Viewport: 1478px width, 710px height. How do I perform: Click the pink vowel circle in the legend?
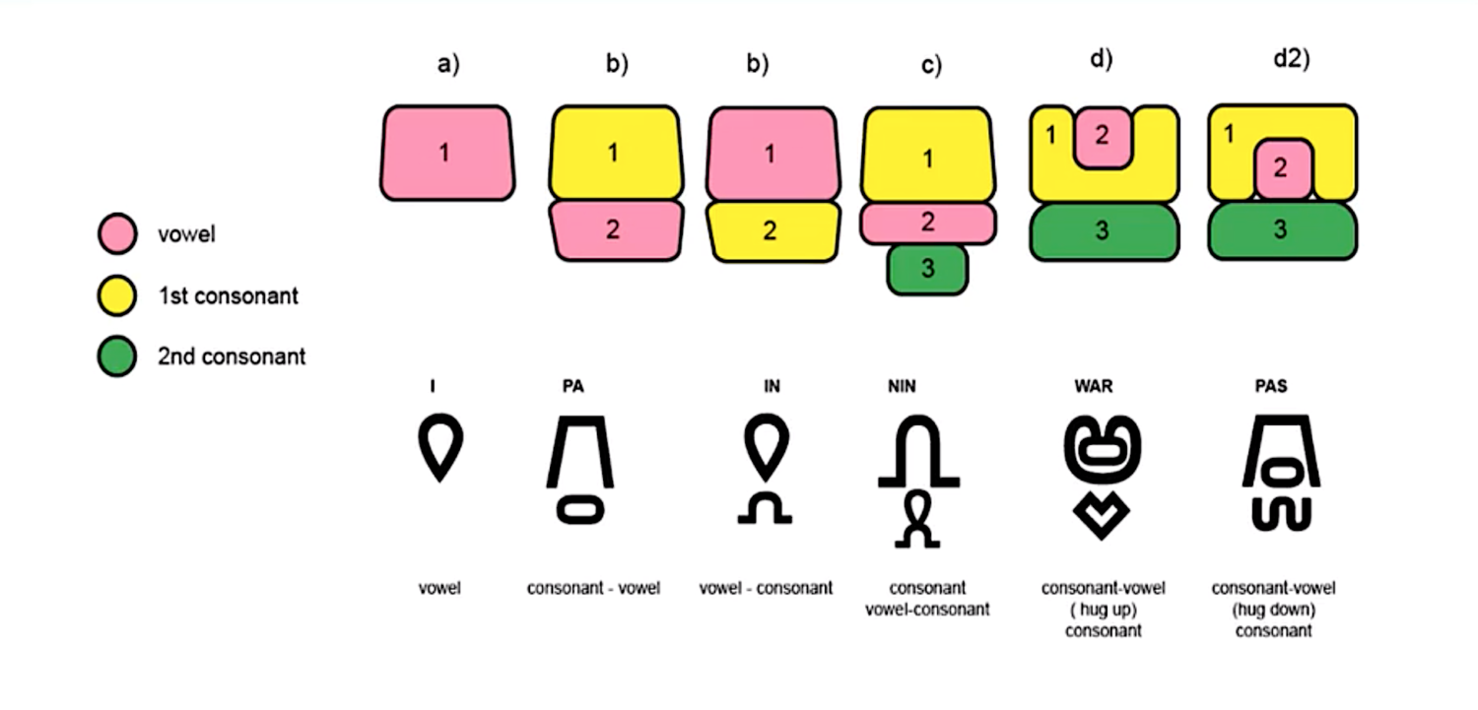click(x=117, y=233)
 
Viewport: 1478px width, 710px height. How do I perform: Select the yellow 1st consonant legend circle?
click(x=117, y=295)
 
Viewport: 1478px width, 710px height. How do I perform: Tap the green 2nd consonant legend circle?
click(x=117, y=356)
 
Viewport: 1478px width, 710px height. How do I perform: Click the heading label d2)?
click(x=1291, y=59)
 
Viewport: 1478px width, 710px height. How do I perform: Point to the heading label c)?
click(x=931, y=65)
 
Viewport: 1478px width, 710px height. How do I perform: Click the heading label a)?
click(x=448, y=64)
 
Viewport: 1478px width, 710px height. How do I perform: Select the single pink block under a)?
click(x=447, y=153)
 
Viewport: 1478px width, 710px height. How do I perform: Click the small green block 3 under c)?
click(x=928, y=269)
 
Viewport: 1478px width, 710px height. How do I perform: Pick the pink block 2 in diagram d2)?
click(x=1283, y=169)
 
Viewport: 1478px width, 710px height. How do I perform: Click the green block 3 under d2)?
click(x=1283, y=230)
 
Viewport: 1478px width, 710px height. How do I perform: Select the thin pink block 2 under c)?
click(x=928, y=223)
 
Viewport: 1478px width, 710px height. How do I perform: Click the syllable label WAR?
click(x=1094, y=386)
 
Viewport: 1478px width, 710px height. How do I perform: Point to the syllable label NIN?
click(x=902, y=386)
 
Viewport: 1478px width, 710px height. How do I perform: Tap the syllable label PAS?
click(x=1271, y=386)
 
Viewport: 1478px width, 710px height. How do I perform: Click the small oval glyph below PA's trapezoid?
click(x=580, y=510)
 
